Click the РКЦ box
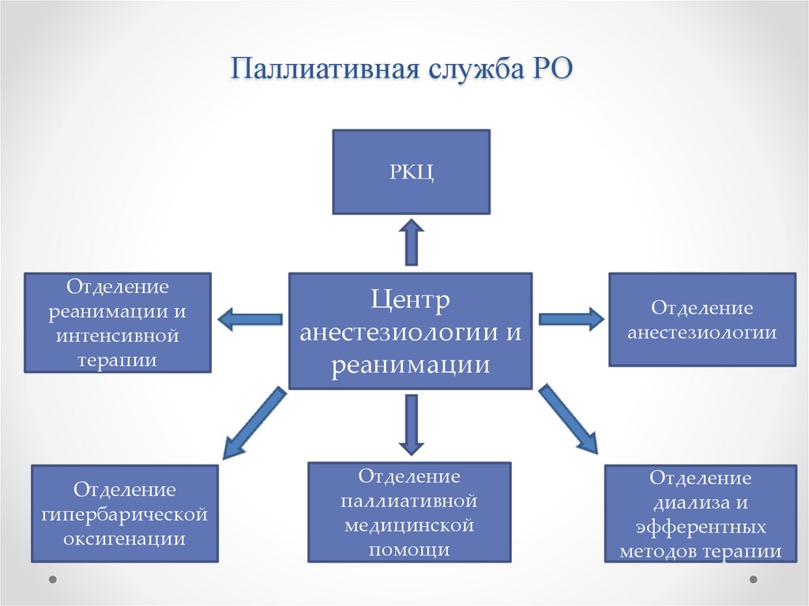point(411,171)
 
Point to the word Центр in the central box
point(410,300)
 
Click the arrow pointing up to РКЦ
point(411,242)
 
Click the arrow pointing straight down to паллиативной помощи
point(411,423)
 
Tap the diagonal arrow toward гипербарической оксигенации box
point(253,423)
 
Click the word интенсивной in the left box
point(118,337)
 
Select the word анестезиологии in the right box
point(702,332)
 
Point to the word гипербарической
point(124,515)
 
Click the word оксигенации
point(124,540)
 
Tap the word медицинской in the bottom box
point(409,525)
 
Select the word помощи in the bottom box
point(409,549)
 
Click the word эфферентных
point(701,526)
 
